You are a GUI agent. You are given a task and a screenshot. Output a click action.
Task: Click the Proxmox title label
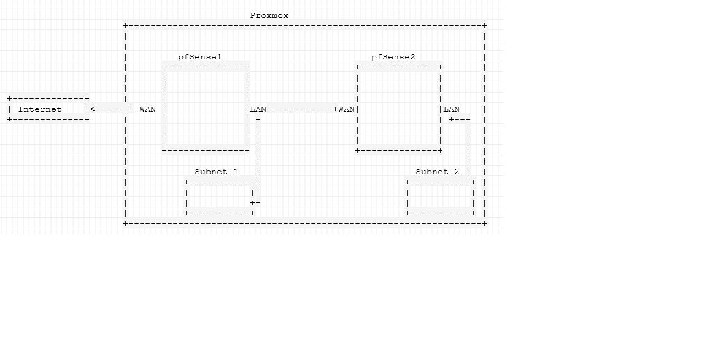click(269, 15)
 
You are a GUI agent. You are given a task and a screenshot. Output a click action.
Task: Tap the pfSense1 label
click(199, 57)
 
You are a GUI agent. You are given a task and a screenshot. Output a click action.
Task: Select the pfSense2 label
click(393, 57)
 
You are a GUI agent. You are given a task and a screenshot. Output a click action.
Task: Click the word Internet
click(40, 109)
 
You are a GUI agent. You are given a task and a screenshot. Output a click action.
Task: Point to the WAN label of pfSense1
click(147, 109)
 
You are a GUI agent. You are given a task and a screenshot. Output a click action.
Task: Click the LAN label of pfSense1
click(258, 109)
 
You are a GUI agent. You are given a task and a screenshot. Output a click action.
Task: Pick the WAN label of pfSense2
click(346, 109)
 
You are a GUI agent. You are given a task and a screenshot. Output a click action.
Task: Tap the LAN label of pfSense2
click(451, 109)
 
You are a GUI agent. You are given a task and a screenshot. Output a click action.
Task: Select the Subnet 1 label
click(216, 172)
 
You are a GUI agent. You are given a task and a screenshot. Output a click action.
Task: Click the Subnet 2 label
click(437, 172)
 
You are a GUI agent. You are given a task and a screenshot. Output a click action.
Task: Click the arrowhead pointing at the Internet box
click(93, 109)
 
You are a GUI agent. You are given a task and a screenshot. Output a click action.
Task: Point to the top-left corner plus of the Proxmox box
click(126, 26)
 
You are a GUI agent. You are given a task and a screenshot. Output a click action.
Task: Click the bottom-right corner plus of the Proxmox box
click(484, 223)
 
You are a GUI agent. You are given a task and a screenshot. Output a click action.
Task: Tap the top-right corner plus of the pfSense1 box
click(247, 67)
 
